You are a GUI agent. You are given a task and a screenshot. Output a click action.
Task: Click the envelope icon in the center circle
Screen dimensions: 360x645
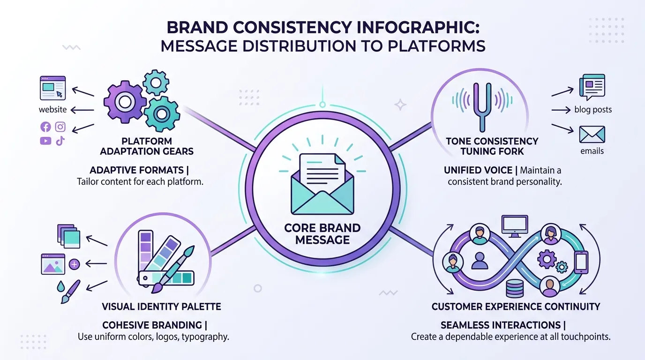click(322, 185)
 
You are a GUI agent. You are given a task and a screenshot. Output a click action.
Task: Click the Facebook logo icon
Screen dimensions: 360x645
click(45, 127)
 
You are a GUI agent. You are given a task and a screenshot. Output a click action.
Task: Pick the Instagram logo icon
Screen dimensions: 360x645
click(60, 127)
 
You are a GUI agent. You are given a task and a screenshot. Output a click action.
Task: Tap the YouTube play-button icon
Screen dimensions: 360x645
click(45, 141)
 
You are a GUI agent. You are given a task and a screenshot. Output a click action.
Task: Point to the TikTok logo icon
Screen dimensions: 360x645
click(60, 141)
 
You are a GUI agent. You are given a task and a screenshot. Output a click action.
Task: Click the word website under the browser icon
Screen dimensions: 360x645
click(52, 110)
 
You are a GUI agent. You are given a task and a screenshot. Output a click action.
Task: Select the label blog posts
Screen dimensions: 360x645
click(592, 110)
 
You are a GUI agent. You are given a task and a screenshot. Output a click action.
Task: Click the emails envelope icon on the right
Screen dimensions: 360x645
click(592, 134)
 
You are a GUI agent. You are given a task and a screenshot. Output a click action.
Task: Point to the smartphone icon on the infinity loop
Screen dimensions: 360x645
click(581, 262)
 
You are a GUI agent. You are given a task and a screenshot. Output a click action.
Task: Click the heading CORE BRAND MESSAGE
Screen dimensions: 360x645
click(322, 234)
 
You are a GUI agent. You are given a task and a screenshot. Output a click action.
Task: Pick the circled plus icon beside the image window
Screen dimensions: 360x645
click(74, 264)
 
